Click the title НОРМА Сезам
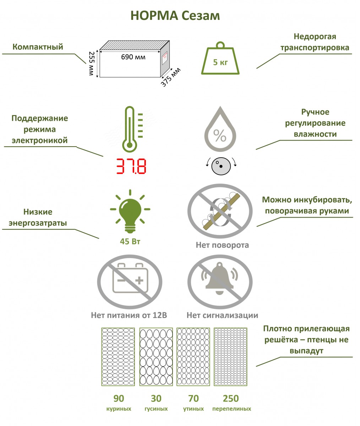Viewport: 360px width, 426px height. pyautogui.click(x=175, y=16)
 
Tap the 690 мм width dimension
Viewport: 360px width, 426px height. pyautogui.click(x=133, y=57)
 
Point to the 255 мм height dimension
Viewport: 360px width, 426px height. pyautogui.click(x=91, y=64)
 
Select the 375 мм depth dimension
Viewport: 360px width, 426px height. pyautogui.click(x=171, y=77)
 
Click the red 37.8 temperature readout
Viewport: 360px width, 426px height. pyautogui.click(x=131, y=166)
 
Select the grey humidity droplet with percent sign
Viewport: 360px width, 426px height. pyautogui.click(x=220, y=129)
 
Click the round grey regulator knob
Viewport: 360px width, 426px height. pyautogui.click(x=221, y=166)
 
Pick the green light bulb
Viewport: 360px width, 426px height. pyautogui.click(x=130, y=211)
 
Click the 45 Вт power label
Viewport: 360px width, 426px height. pyautogui.click(x=130, y=241)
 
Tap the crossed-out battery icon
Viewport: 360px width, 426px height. pyautogui.click(x=130, y=282)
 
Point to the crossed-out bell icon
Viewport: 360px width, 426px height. pyautogui.click(x=220, y=282)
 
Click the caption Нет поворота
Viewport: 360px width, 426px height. pyautogui.click(x=222, y=245)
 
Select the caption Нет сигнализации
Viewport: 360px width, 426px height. pyautogui.click(x=222, y=315)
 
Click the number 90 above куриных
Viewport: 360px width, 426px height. pyautogui.click(x=119, y=398)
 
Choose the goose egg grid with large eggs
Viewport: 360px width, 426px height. pyautogui.click(x=156, y=357)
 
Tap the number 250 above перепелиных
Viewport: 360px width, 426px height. pyautogui.click(x=231, y=398)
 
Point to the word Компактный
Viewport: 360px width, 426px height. pyautogui.click(x=38, y=47)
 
